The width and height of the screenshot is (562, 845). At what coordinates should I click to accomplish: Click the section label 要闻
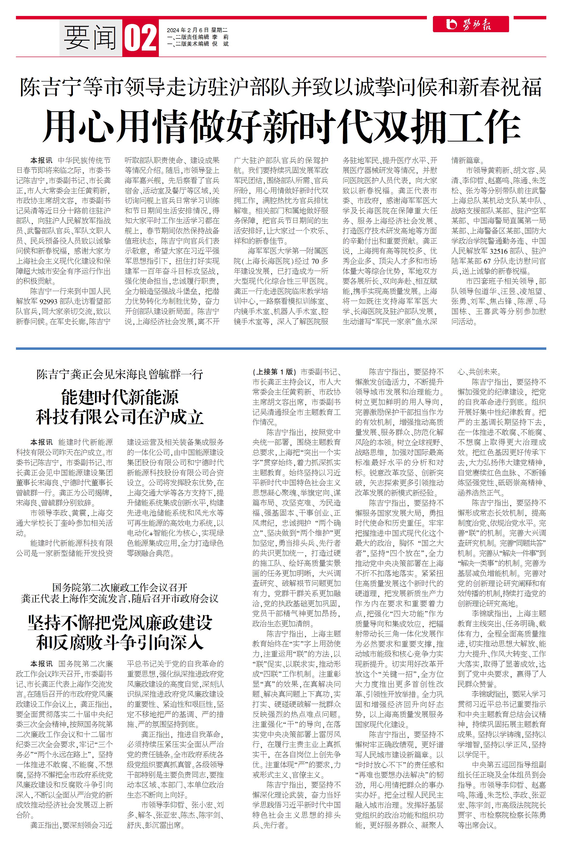pos(90,38)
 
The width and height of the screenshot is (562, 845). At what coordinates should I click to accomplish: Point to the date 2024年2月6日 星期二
pos(197,30)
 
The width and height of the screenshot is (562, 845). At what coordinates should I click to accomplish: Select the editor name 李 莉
pos(220,37)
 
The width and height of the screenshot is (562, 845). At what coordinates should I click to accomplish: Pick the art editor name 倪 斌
pos(220,44)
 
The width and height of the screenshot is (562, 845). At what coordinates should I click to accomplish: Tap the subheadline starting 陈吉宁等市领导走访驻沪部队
pos(281,87)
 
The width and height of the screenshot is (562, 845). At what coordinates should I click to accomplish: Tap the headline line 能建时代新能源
pos(120,397)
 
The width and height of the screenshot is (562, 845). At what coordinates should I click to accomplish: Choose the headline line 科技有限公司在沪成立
pos(120,417)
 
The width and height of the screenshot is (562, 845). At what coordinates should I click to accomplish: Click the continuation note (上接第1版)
pos(274,372)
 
